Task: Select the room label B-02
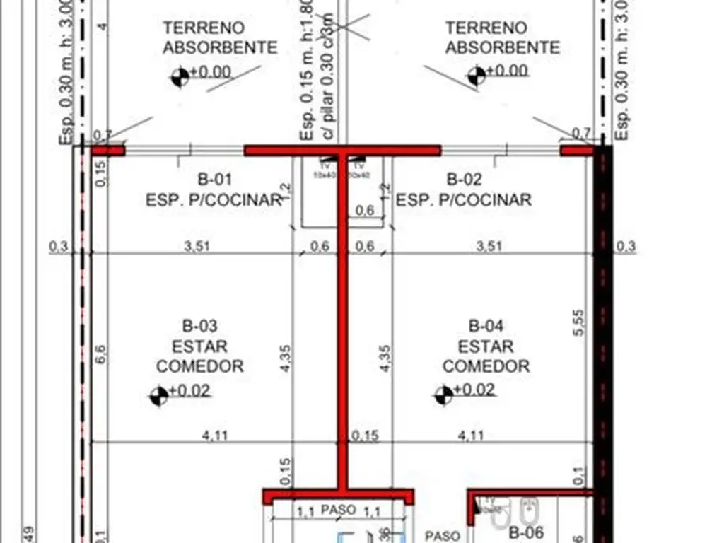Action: (x=465, y=179)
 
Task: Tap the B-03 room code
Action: (x=200, y=327)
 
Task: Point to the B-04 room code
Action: (x=486, y=327)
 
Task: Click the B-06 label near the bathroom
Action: (x=525, y=532)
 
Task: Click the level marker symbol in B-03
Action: (x=159, y=396)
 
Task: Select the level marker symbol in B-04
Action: (x=444, y=395)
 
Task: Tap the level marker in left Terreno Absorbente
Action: (x=180, y=76)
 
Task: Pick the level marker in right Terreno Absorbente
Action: (x=477, y=75)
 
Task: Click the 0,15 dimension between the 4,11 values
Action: (x=366, y=436)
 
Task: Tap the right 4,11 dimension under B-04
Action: (x=471, y=436)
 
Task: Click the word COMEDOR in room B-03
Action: (x=200, y=366)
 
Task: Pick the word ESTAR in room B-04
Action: (x=486, y=346)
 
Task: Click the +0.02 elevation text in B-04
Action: (x=475, y=390)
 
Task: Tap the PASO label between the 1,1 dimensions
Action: (x=338, y=509)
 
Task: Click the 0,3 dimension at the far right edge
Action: (x=626, y=246)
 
